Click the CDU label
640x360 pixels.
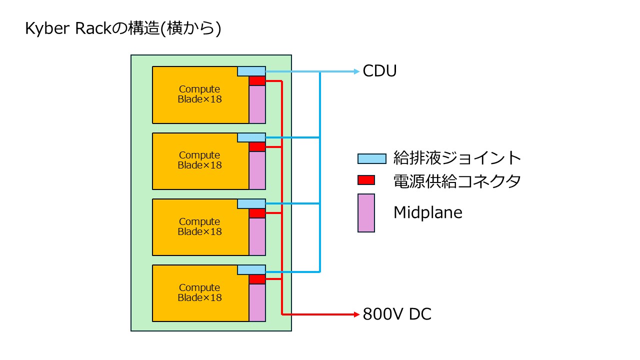pos(379,71)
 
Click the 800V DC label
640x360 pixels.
pos(397,314)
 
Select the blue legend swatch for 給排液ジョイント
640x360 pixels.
pos(372,158)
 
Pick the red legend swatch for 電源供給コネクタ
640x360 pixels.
pos(366,179)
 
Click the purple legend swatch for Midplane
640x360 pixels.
pos(366,213)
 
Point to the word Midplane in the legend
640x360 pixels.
pos(427,212)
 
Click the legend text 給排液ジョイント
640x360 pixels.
pos(457,158)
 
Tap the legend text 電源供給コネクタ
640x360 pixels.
pos(457,180)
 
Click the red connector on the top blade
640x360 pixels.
pos(257,81)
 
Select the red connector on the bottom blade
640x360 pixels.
pos(257,279)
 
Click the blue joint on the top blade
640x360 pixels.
pos(251,71)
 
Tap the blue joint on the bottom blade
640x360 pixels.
pos(251,270)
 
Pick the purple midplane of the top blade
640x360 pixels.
pos(257,104)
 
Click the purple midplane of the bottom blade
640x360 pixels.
pos(257,302)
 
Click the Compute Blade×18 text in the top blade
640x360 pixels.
pos(199,94)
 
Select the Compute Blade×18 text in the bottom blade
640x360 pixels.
pos(199,292)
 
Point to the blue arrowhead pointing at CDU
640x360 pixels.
pos(356,71)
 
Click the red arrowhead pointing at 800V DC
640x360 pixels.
pos(356,314)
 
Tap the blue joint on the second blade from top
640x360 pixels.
pos(251,137)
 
